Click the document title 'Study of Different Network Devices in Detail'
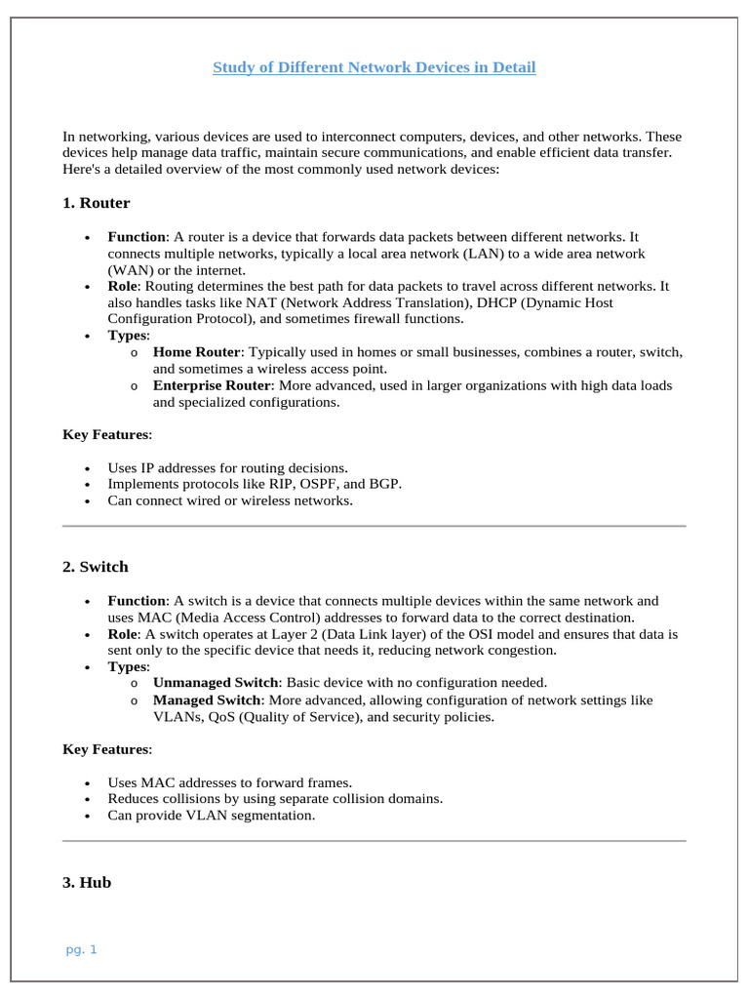(x=374, y=67)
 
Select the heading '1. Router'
(x=96, y=203)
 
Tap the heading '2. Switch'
(x=95, y=567)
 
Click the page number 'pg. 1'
(x=82, y=949)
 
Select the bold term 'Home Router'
(x=196, y=352)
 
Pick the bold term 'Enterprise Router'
(x=212, y=385)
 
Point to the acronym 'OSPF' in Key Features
(x=330, y=484)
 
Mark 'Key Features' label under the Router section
(x=106, y=434)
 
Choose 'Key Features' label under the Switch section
(x=106, y=749)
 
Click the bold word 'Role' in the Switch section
(x=124, y=634)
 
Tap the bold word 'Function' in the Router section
(x=137, y=236)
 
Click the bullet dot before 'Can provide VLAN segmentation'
(x=88, y=817)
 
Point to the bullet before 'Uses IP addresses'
(x=88, y=469)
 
